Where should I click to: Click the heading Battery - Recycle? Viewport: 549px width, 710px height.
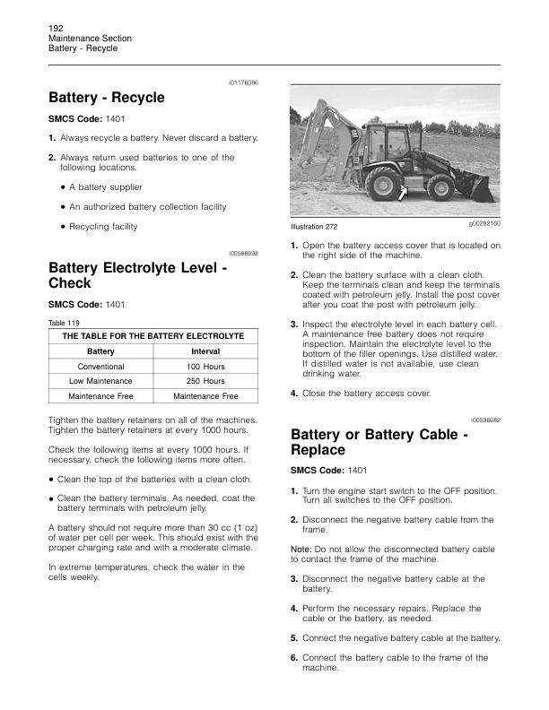point(107,97)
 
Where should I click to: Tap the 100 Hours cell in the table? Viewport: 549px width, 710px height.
point(205,367)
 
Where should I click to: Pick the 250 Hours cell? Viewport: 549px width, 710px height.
point(205,381)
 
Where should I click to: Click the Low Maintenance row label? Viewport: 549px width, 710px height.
point(100,381)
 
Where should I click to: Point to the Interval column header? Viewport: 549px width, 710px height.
point(205,351)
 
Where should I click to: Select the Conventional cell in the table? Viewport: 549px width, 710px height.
point(100,367)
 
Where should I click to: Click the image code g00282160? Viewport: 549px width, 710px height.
point(484,222)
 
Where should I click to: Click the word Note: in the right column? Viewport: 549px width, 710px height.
point(301,548)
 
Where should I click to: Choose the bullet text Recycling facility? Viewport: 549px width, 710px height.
point(103,227)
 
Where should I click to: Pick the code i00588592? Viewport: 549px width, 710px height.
point(243,254)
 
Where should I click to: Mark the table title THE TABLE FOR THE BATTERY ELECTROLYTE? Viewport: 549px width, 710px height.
point(152,335)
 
